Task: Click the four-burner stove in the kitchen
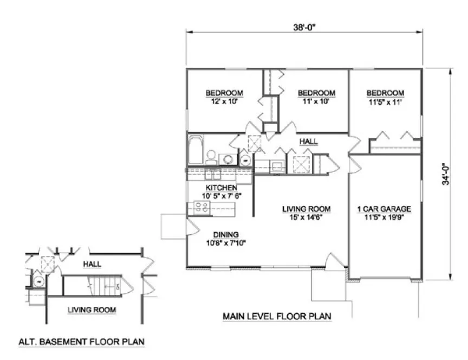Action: [202, 207]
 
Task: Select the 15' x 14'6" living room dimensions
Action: [306, 217]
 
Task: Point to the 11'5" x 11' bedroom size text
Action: [385, 101]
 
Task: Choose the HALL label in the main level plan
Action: [309, 142]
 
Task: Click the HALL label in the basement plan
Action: [93, 264]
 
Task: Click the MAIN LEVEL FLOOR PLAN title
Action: [276, 316]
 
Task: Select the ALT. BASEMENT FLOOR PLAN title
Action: [81, 343]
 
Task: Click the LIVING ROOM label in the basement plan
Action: [92, 310]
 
